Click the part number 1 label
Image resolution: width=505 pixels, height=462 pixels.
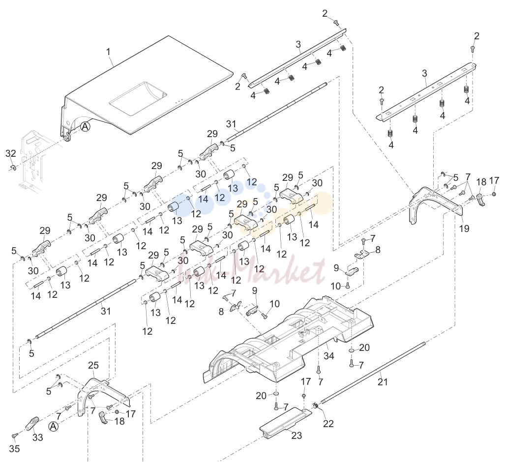(x=108, y=52)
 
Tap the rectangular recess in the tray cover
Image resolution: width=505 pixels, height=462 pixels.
(x=138, y=99)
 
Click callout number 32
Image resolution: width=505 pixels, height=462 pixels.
(x=11, y=153)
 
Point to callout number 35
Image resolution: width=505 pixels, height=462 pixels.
(x=14, y=448)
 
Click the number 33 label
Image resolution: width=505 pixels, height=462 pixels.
(x=38, y=437)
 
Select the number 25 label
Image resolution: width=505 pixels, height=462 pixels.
(x=93, y=365)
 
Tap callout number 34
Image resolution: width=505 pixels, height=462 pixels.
(x=329, y=356)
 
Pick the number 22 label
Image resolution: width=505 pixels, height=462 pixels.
(x=328, y=424)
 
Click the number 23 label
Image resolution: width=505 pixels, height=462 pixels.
(x=297, y=435)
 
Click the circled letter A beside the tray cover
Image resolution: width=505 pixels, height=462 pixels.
(x=85, y=126)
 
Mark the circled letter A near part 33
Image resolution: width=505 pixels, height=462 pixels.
(x=54, y=427)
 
